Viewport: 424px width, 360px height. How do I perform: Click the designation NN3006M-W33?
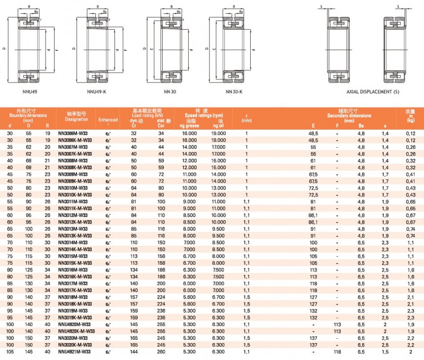73,133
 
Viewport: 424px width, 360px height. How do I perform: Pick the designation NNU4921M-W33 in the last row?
74,352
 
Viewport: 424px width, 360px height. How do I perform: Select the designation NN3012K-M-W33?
75,223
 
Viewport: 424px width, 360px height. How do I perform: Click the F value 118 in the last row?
336,352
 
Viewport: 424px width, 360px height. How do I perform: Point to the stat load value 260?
160,352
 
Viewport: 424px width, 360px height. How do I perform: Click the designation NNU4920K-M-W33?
76,331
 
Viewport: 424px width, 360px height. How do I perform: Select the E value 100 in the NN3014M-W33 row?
314,242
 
